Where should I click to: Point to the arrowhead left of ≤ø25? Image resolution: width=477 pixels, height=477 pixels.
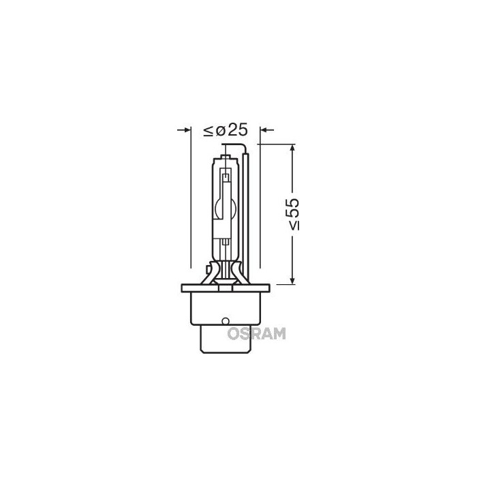pyautogui.click(x=185, y=129)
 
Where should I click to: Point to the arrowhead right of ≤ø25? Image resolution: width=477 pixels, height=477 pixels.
pyautogui.click(x=266, y=129)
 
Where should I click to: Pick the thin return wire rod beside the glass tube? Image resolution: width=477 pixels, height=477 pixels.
pyautogui.click(x=254, y=211)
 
